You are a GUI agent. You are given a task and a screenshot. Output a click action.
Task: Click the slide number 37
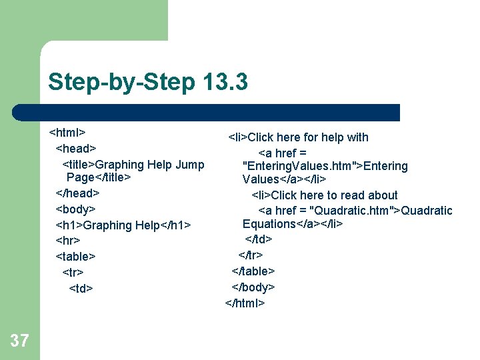tap(20, 341)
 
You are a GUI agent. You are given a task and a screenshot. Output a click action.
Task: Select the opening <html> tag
tap(67, 132)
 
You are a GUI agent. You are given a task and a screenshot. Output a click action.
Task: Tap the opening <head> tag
tap(76, 148)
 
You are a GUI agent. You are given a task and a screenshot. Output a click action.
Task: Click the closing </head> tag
tap(77, 193)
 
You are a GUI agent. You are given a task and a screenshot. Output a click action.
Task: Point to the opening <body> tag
tap(75, 209)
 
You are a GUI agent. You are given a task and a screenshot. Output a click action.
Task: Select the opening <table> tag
tap(75, 257)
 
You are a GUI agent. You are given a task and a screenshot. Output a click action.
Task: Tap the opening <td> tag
tap(81, 289)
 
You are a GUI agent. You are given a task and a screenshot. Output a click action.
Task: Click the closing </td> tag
tap(259, 239)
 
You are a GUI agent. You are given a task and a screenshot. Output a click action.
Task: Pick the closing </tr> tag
tap(251, 255)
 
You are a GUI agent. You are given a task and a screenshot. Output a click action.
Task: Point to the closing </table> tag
tap(253, 271)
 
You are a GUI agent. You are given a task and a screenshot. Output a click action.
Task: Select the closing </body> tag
tap(253, 287)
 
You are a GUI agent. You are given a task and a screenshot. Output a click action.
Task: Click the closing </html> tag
tap(245, 303)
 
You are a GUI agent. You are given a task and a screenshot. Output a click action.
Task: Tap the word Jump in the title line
tap(190, 164)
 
